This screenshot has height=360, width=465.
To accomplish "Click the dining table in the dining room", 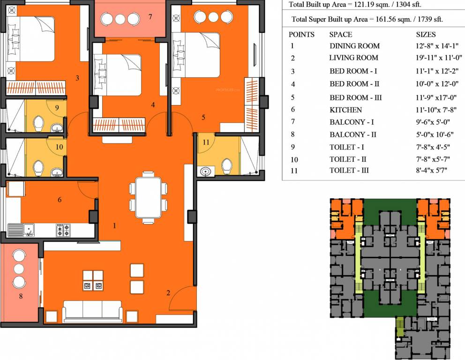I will point(148,197).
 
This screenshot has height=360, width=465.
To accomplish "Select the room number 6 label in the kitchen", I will point(60,200).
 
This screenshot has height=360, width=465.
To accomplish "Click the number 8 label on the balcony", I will point(21,296).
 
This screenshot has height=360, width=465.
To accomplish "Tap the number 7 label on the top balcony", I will point(150,17).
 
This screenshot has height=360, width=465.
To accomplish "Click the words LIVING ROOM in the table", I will point(353,58).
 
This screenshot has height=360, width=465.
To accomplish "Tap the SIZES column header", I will point(426,35).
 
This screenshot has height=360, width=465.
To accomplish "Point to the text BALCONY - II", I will point(353,135).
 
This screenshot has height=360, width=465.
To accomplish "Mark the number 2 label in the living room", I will point(168,293).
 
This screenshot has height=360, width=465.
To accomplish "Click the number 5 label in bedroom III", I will point(203,117).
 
